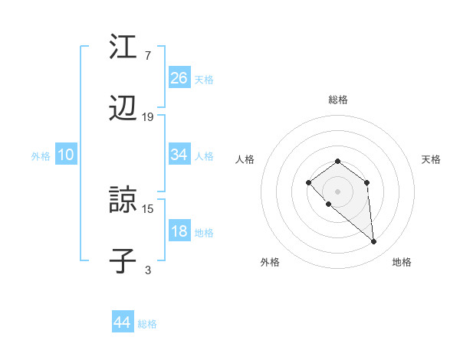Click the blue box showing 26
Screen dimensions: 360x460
pos(179,78)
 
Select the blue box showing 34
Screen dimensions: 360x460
pos(179,155)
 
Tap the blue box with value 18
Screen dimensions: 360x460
pos(179,231)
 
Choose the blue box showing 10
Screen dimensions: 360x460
pos(66,155)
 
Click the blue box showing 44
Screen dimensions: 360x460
pos(123,322)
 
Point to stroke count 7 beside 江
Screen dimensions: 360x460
pos(147,56)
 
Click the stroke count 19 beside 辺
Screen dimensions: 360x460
pos(148,117)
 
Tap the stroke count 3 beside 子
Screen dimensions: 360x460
pos(147,270)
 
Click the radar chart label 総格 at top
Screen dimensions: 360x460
pos(338,100)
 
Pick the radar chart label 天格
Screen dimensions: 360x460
pos(431,159)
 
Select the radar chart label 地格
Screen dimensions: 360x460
pos(402,262)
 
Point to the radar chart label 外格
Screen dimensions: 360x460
pos(270,262)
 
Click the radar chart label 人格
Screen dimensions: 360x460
pos(245,159)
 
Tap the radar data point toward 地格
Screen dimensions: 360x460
pos(374,242)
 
